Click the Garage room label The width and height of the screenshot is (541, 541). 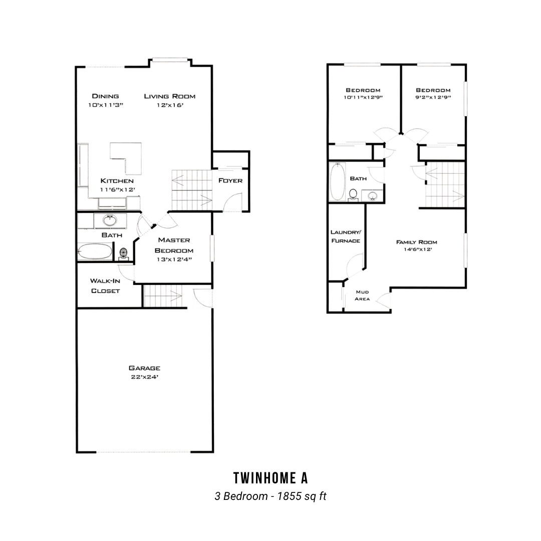click(x=144, y=368)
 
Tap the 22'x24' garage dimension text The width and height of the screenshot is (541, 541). click(x=144, y=377)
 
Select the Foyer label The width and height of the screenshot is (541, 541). click(x=230, y=180)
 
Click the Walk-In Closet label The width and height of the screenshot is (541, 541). click(x=105, y=286)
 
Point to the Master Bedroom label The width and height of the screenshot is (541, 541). click(x=174, y=245)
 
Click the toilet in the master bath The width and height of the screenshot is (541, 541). click(x=124, y=254)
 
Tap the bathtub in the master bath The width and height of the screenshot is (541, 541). click(x=95, y=252)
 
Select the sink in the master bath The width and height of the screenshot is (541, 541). click(x=110, y=220)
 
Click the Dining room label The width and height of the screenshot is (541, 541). click(x=105, y=96)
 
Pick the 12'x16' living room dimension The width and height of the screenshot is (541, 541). click(x=170, y=105)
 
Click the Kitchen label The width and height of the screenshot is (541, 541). click(x=117, y=180)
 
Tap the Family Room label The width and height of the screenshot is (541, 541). click(x=416, y=242)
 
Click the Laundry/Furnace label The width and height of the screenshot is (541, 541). click(x=346, y=236)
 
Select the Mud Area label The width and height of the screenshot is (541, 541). click(x=362, y=296)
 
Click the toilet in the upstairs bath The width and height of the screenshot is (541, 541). click(x=353, y=194)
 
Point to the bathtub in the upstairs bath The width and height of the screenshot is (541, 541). click(x=338, y=181)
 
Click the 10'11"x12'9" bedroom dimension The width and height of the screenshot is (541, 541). click(x=363, y=97)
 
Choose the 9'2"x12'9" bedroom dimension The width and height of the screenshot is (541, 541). click(x=433, y=97)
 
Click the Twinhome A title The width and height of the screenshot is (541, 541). click(x=270, y=478)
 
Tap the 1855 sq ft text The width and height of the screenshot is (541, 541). click(x=302, y=496)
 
